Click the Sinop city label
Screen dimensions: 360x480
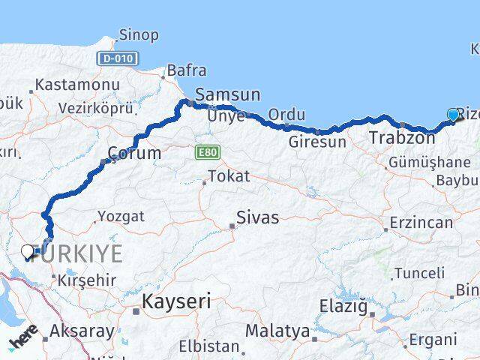click(x=139, y=35)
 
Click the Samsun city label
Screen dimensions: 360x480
click(x=227, y=94)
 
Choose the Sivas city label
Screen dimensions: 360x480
click(x=257, y=218)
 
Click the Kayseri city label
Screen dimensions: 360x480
click(x=177, y=301)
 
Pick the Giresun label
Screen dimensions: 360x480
click(x=318, y=141)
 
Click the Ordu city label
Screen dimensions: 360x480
click(x=286, y=115)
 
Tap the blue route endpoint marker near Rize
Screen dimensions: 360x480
click(x=453, y=115)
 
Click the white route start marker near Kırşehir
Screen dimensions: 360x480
click(x=28, y=252)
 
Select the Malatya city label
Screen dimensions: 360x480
click(x=277, y=331)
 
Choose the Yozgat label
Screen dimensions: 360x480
click(x=120, y=217)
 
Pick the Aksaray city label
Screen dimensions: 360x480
click(x=82, y=331)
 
